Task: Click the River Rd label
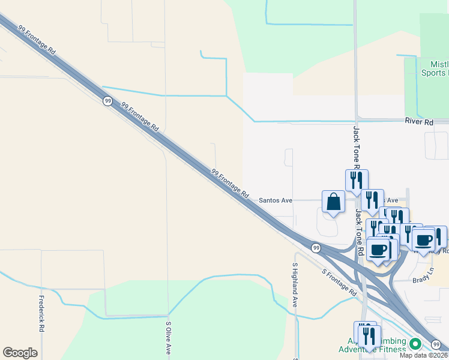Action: [x=419, y=122]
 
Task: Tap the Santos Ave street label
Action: [x=275, y=200]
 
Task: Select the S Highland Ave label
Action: [x=295, y=285]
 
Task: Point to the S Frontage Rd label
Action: [x=339, y=282]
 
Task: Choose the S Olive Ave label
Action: [x=169, y=338]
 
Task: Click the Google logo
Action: [x=20, y=353]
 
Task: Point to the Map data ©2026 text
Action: [x=424, y=355]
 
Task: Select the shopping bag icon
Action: [x=333, y=202]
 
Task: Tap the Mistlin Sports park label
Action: [x=436, y=68]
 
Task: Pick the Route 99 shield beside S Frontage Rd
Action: [x=315, y=247]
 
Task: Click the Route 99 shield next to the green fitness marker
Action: [x=435, y=344]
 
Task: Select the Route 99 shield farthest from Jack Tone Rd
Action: [x=107, y=101]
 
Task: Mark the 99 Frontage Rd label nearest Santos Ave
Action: [x=230, y=184]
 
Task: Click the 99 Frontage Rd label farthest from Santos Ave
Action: [x=37, y=40]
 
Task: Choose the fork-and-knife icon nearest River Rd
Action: [x=356, y=179]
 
